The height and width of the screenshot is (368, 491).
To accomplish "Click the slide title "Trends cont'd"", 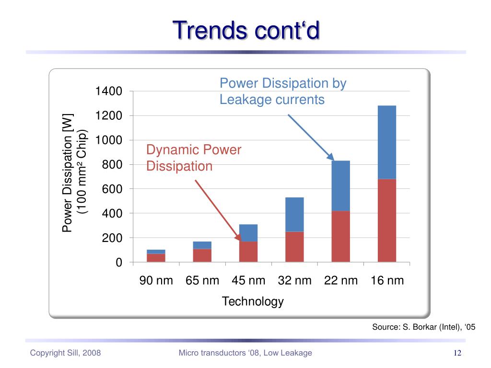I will pyautogui.click(x=245, y=30).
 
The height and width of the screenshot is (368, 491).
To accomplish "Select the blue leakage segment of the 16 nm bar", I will pyautogui.click(x=386, y=142).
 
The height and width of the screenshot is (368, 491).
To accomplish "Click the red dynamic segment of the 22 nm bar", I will pyautogui.click(x=340, y=236).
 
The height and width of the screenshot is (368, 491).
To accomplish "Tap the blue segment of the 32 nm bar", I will pyautogui.click(x=294, y=214).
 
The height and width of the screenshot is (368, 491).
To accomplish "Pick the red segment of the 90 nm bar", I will pyautogui.click(x=156, y=258).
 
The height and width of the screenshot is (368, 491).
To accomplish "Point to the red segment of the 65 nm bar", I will pyautogui.click(x=202, y=255).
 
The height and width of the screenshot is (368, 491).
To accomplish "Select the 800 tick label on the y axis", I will pyautogui.click(x=112, y=165).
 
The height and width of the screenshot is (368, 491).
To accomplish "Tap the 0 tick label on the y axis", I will pyautogui.click(x=118, y=263).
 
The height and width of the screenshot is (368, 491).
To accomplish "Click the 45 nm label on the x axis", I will pyautogui.click(x=248, y=281).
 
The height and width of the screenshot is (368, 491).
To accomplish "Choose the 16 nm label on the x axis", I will pyautogui.click(x=387, y=281).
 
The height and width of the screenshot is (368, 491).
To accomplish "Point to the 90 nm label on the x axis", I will pyautogui.click(x=156, y=281).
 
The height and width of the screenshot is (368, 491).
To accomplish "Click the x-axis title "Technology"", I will pyautogui.click(x=253, y=301).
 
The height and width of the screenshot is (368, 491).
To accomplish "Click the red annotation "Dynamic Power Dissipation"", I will pyautogui.click(x=194, y=158).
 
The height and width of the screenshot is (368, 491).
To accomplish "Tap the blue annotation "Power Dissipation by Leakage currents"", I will pyautogui.click(x=282, y=92).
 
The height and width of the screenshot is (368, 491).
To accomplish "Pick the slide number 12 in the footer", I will pyautogui.click(x=457, y=353).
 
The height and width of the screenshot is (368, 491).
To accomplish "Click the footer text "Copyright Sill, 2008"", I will pyautogui.click(x=65, y=353).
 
